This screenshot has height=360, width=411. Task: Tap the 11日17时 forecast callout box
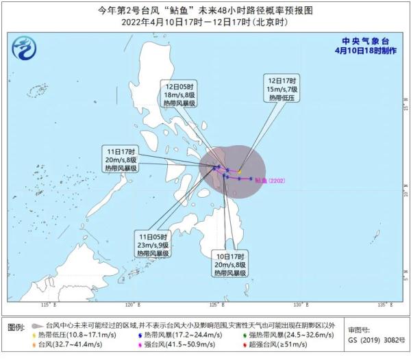tap(120, 159)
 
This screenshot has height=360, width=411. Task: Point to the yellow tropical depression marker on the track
tap(240, 172)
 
